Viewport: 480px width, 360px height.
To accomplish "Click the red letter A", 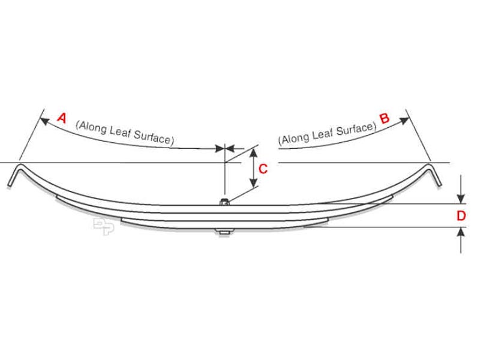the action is coord(62,118).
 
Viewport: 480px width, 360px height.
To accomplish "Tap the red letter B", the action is coord(385,118).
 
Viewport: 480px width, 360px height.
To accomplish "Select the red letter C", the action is coord(263,169).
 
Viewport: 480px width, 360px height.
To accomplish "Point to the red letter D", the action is coord(461,216).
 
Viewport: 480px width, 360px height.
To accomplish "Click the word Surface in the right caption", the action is coord(356,130).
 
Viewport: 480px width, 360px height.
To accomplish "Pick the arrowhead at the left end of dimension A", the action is coord(44,121).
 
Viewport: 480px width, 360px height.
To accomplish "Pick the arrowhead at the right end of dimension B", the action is coord(404,121).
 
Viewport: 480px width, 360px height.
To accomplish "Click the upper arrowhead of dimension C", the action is coord(253,153).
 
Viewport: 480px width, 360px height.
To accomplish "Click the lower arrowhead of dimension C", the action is coord(253,183).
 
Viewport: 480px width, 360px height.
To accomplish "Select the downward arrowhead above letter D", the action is coord(461,199).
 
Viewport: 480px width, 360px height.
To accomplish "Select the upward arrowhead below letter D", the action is coord(461,232).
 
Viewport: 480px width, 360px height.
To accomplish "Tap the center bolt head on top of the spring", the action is coord(224,202).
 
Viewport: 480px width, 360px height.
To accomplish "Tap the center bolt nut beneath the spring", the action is coord(224,232).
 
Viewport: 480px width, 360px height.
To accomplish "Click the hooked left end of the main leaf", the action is coord(16,175).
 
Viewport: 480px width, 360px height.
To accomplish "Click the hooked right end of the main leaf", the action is coord(434,175).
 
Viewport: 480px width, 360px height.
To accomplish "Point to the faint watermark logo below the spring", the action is coord(104,227).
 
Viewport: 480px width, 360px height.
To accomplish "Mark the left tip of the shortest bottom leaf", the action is coord(121,219).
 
